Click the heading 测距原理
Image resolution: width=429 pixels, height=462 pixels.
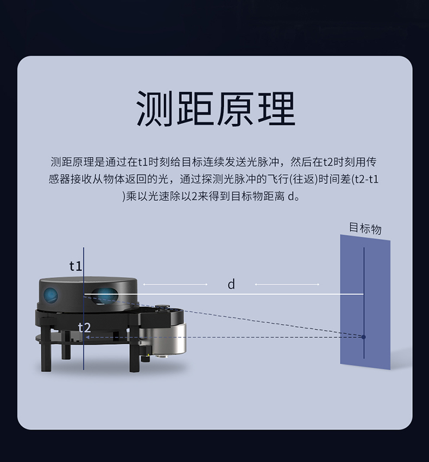tap(216, 108)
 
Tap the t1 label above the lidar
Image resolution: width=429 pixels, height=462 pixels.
tap(75, 266)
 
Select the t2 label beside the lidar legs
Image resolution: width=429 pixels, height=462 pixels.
tap(84, 327)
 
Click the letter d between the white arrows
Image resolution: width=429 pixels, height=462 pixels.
tap(231, 284)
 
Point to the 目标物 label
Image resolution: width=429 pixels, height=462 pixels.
tap(365, 228)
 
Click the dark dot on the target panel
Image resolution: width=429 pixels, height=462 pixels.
tap(364, 337)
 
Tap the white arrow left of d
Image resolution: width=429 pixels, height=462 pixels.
tap(175, 284)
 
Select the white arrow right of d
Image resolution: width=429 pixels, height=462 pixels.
tap(287, 284)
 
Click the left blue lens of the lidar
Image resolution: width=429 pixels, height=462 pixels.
tap(51, 295)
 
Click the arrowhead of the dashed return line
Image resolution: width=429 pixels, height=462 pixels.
tap(87, 337)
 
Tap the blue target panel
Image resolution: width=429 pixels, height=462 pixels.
tap(365, 302)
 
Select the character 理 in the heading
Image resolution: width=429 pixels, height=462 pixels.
tap(276, 108)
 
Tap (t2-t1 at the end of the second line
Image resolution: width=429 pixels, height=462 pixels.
tap(365, 179)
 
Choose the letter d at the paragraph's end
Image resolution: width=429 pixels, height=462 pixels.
tap(291, 196)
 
